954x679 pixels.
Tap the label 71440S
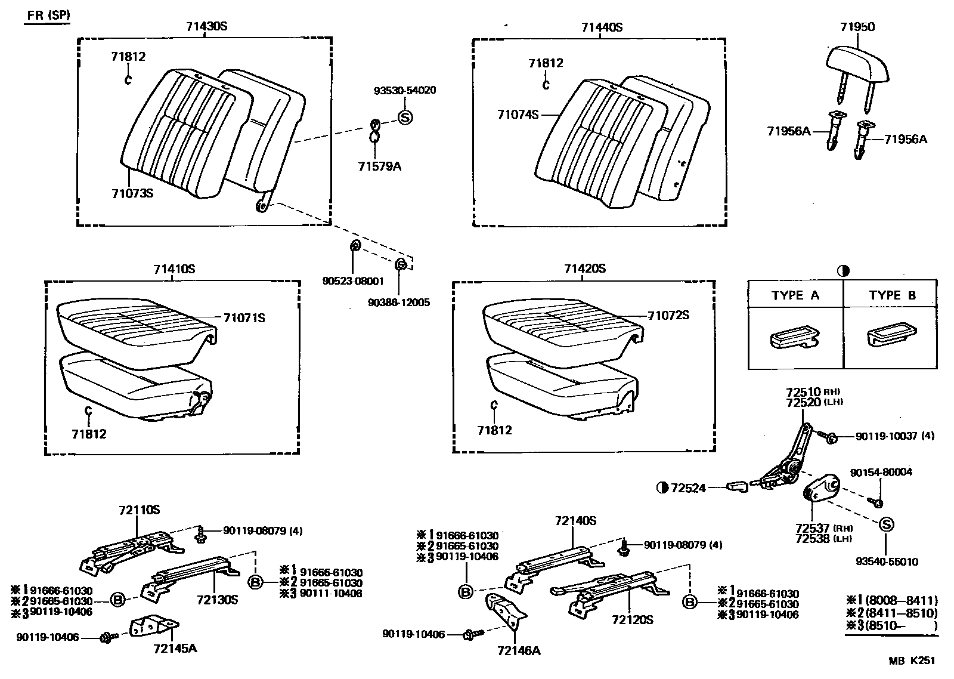pyautogui.click(x=602, y=27)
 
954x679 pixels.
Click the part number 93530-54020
pyautogui.click(x=405, y=91)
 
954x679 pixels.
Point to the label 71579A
pyautogui.click(x=380, y=166)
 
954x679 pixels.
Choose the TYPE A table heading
pyautogui.click(x=795, y=295)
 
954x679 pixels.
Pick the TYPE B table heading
pyautogui.click(x=892, y=295)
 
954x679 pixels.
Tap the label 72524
pyautogui.click(x=687, y=488)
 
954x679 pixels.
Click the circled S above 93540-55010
pyautogui.click(x=886, y=524)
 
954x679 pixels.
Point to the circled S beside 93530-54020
pyautogui.click(x=405, y=118)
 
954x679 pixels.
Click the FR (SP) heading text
pyautogui.click(x=48, y=15)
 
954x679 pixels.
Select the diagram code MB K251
pyautogui.click(x=912, y=661)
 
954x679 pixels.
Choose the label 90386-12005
pyautogui.click(x=399, y=303)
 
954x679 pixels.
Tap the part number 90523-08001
pyautogui.click(x=354, y=282)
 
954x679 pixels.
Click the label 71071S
pyautogui.click(x=244, y=318)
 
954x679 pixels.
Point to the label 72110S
pyautogui.click(x=139, y=510)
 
